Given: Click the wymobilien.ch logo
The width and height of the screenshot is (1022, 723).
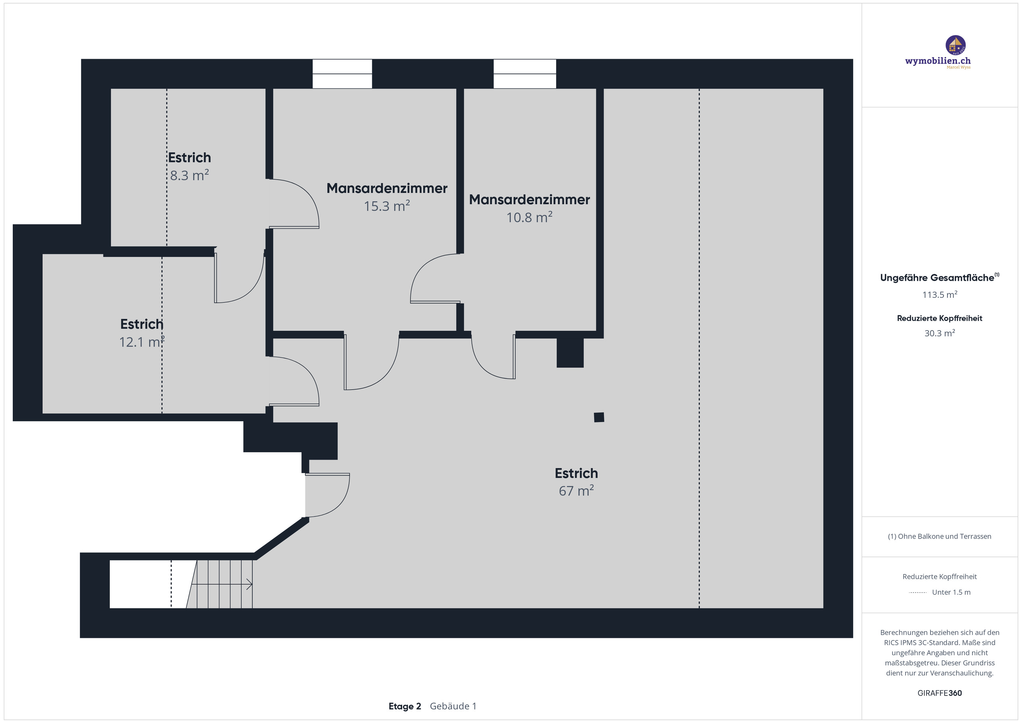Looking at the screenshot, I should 938,53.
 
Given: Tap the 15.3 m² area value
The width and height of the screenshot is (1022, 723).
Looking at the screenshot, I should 386,206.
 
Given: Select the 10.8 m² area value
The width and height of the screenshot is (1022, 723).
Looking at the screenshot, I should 529,218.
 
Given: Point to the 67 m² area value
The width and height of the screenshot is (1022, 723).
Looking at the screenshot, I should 576,491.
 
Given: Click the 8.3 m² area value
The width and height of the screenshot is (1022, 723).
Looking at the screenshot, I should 189,175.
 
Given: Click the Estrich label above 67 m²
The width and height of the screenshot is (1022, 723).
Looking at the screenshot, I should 576,473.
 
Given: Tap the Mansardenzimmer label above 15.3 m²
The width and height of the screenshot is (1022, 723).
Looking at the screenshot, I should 386,188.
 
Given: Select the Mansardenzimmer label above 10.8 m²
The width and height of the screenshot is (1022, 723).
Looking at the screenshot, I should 529,200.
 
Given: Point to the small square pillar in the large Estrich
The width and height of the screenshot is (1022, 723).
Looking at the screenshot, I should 599,417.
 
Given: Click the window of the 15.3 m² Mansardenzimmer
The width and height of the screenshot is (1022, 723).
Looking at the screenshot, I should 342,74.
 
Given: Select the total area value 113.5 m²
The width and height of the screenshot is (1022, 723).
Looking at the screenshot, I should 939,295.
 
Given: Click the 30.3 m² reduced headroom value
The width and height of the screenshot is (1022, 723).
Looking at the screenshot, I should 939,333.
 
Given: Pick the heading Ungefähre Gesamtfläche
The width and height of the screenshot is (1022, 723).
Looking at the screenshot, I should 937,278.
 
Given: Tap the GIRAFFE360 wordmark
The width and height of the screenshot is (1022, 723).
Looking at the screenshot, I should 939,693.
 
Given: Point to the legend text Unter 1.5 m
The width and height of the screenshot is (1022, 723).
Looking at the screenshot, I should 951,592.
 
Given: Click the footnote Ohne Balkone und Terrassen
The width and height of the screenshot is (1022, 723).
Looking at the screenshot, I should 939,537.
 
